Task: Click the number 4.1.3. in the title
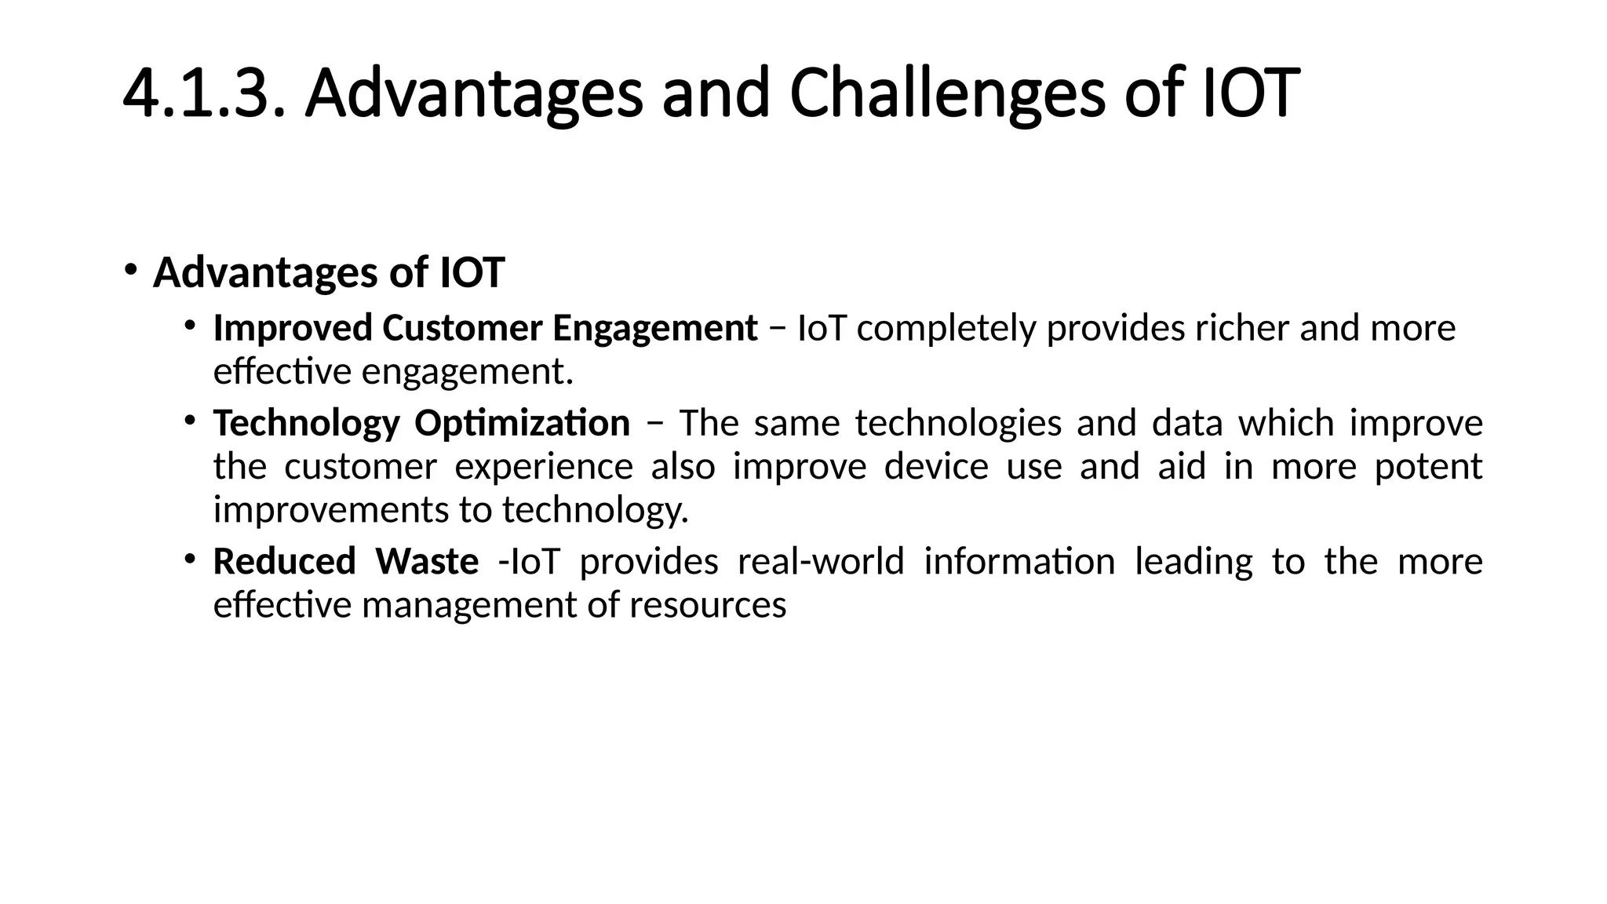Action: point(202,94)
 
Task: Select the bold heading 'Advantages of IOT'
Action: point(328,273)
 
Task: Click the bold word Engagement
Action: point(654,328)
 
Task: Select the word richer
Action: point(1241,328)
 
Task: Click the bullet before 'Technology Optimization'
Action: point(190,421)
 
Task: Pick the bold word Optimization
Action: point(522,424)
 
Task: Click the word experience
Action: point(544,467)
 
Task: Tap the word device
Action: point(936,467)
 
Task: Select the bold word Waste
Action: point(427,562)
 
